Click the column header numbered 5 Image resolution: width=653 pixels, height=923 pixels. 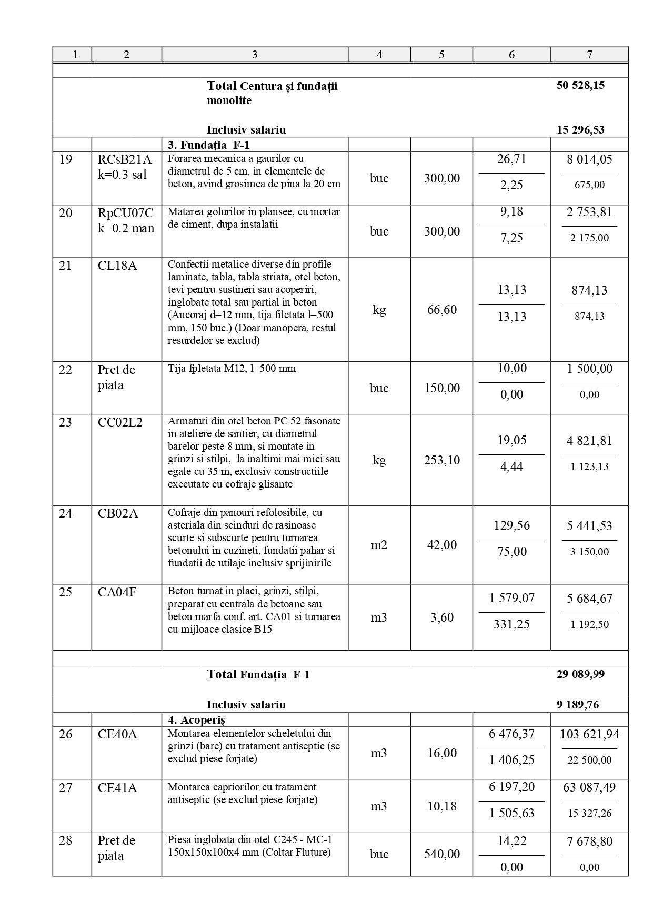pos(441,54)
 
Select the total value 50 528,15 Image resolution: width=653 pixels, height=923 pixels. pos(580,85)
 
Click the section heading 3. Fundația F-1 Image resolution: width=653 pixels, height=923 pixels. pos(208,145)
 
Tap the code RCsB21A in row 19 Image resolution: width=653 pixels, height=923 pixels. pos(125,159)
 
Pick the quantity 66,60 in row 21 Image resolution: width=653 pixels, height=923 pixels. pos(441,310)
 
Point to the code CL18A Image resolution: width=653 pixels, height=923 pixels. pos(117,266)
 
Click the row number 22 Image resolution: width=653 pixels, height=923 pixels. pos(65,370)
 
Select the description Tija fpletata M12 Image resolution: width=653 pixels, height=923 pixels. pos(232,369)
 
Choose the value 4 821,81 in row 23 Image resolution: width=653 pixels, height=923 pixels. pos(589,441)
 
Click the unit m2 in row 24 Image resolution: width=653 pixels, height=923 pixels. pos(379,545)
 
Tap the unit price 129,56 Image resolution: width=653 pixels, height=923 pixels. pos(511,525)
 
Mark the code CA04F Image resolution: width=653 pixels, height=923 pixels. pos(117,592)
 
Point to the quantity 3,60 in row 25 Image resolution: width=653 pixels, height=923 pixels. pos(441,617)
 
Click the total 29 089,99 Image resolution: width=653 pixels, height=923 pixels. pos(580,674)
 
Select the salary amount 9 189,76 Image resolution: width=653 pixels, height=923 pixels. pos(577,705)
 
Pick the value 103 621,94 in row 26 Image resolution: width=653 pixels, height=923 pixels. pos(589,734)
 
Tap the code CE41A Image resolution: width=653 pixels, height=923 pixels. pos(117,787)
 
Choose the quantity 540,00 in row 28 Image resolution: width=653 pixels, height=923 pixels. pos(441,854)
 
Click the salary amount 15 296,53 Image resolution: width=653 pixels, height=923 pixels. pos(580,130)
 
